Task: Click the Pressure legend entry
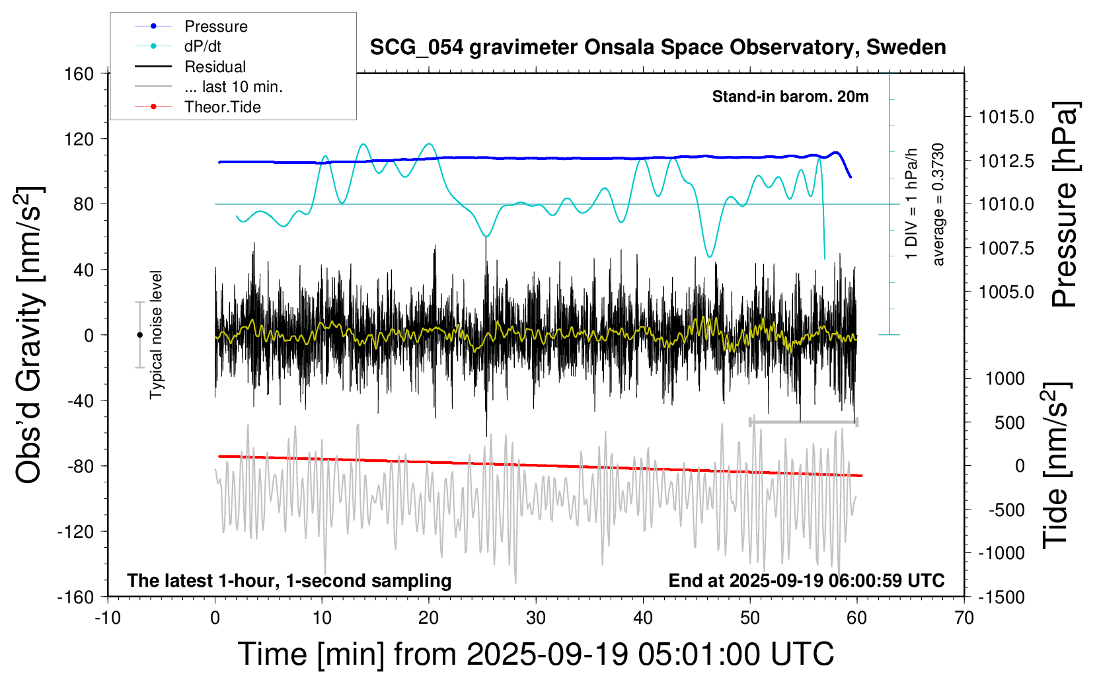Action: point(215,26)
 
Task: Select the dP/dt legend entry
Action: point(202,46)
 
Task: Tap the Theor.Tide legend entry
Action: point(222,107)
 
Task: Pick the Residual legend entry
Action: point(215,67)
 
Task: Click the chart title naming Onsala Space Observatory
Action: point(658,48)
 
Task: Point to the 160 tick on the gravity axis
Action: point(79,73)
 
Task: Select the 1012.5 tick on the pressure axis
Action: point(1006,161)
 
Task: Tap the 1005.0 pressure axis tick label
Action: point(1006,291)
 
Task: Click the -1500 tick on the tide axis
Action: point(1001,597)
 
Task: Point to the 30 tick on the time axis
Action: point(536,618)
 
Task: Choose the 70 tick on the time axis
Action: point(964,618)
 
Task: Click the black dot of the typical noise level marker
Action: point(139,335)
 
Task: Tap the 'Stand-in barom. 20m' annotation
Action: point(790,96)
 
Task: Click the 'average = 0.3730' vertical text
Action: point(938,204)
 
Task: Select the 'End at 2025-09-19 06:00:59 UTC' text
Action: point(806,581)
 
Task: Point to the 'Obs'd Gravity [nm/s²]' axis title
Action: point(30,335)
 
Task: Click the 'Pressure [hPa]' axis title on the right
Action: point(1065,204)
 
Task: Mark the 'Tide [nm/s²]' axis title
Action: point(1055,465)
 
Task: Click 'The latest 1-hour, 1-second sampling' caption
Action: point(289,581)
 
